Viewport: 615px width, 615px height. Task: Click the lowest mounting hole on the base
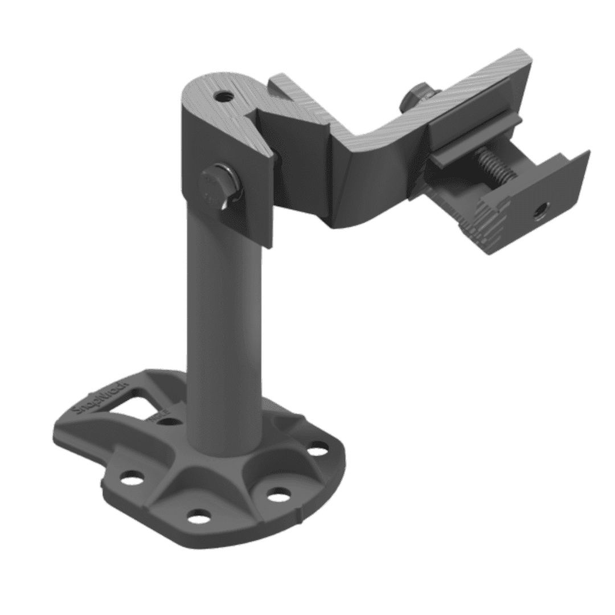click(198, 516)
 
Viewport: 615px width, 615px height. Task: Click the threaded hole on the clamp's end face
click(538, 215)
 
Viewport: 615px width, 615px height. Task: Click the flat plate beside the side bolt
click(251, 211)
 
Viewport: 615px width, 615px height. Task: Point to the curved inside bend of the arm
click(370, 142)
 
